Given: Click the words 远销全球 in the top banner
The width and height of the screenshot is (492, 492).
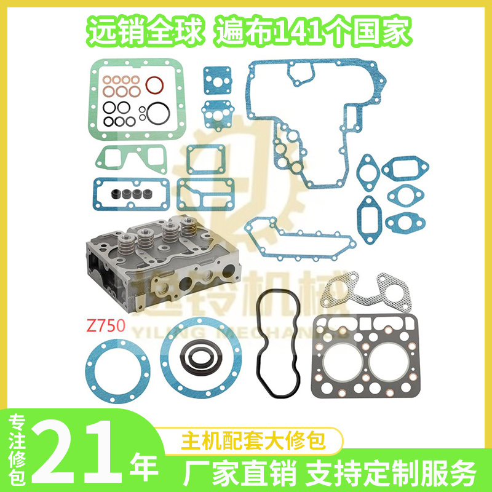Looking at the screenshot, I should coord(146,33).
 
